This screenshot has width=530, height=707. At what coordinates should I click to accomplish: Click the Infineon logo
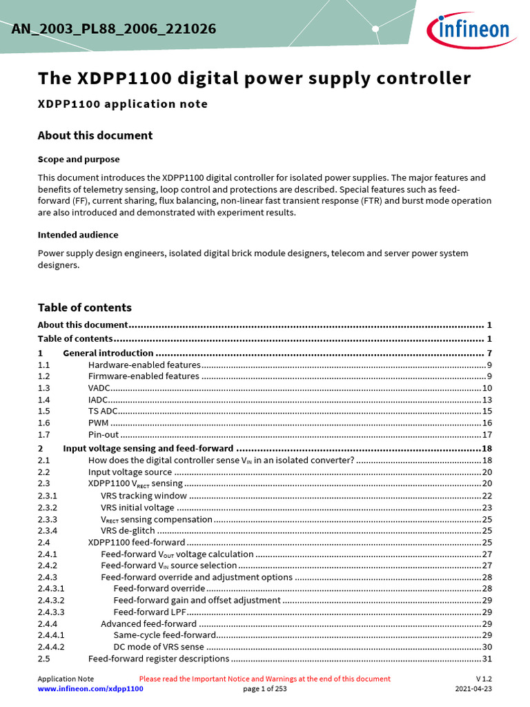pyautogui.click(x=469, y=30)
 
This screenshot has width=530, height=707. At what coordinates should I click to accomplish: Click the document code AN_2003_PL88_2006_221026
pyautogui.click(x=114, y=29)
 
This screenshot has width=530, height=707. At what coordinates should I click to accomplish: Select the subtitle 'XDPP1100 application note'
pyautogui.click(x=122, y=104)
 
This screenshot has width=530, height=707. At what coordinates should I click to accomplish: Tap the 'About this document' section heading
pyautogui.click(x=95, y=135)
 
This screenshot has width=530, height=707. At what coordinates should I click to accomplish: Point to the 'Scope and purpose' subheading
pyautogui.click(x=79, y=159)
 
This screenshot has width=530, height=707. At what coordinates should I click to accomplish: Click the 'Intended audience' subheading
pyautogui.click(x=78, y=235)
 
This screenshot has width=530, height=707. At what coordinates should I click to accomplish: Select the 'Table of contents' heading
pyautogui.click(x=84, y=308)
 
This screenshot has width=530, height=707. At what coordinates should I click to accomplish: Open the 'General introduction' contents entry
pyautogui.click(x=108, y=353)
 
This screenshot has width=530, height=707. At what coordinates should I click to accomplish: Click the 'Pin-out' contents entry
pyautogui.click(x=104, y=435)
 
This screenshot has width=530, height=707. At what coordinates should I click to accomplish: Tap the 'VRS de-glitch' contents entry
pyautogui.click(x=128, y=531)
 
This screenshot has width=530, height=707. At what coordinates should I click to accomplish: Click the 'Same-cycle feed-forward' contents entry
pyautogui.click(x=164, y=635)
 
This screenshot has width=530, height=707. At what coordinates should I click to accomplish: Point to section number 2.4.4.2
pyautogui.click(x=51, y=647)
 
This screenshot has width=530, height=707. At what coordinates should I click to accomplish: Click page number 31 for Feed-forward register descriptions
pyautogui.click(x=487, y=659)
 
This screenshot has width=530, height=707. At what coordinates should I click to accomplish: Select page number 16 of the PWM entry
pyautogui.click(x=487, y=423)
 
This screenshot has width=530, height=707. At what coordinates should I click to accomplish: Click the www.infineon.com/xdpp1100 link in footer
pyautogui.click(x=90, y=689)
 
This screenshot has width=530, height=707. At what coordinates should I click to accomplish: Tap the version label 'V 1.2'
pyautogui.click(x=484, y=679)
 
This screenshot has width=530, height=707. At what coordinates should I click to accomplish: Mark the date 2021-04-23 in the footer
pyautogui.click(x=473, y=689)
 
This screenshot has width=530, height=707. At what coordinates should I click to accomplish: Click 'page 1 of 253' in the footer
pyautogui.click(x=265, y=689)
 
